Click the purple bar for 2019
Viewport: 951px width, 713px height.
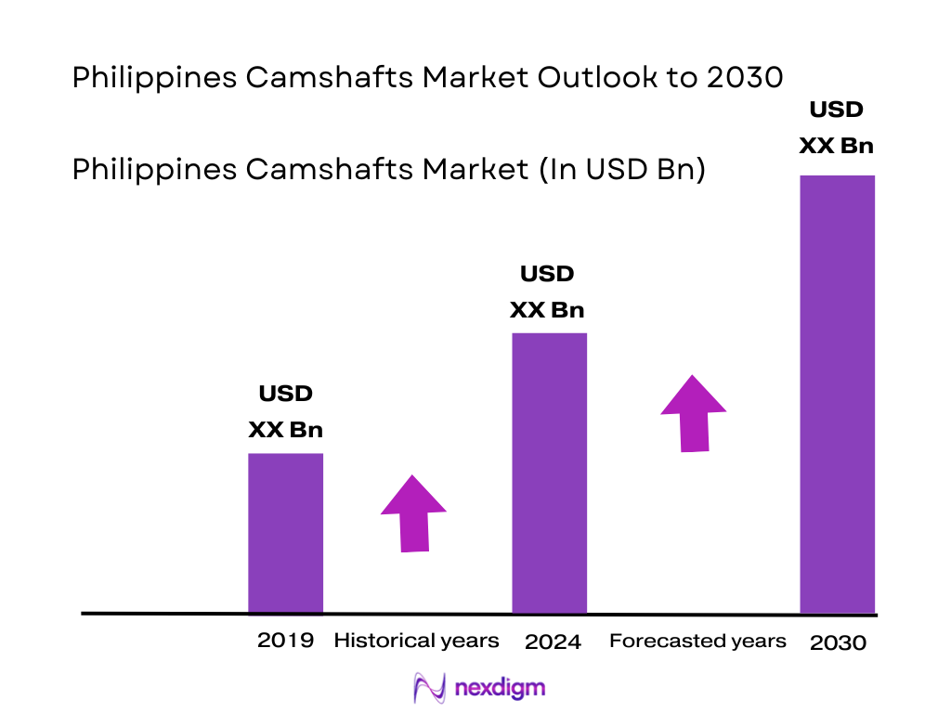(x=285, y=533)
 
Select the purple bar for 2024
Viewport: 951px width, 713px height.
(x=550, y=473)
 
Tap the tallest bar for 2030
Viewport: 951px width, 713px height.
(x=838, y=394)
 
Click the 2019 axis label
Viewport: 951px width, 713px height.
(x=285, y=640)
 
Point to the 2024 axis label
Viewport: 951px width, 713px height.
(x=553, y=642)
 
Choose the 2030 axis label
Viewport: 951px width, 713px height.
(x=838, y=642)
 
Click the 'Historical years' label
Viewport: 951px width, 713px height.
(x=416, y=641)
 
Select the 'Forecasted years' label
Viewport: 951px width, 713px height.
(x=697, y=641)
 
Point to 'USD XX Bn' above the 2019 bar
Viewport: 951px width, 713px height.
(x=285, y=411)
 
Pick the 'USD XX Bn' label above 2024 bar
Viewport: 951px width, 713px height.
(x=547, y=292)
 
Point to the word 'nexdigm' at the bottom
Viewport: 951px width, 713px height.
(x=501, y=688)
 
